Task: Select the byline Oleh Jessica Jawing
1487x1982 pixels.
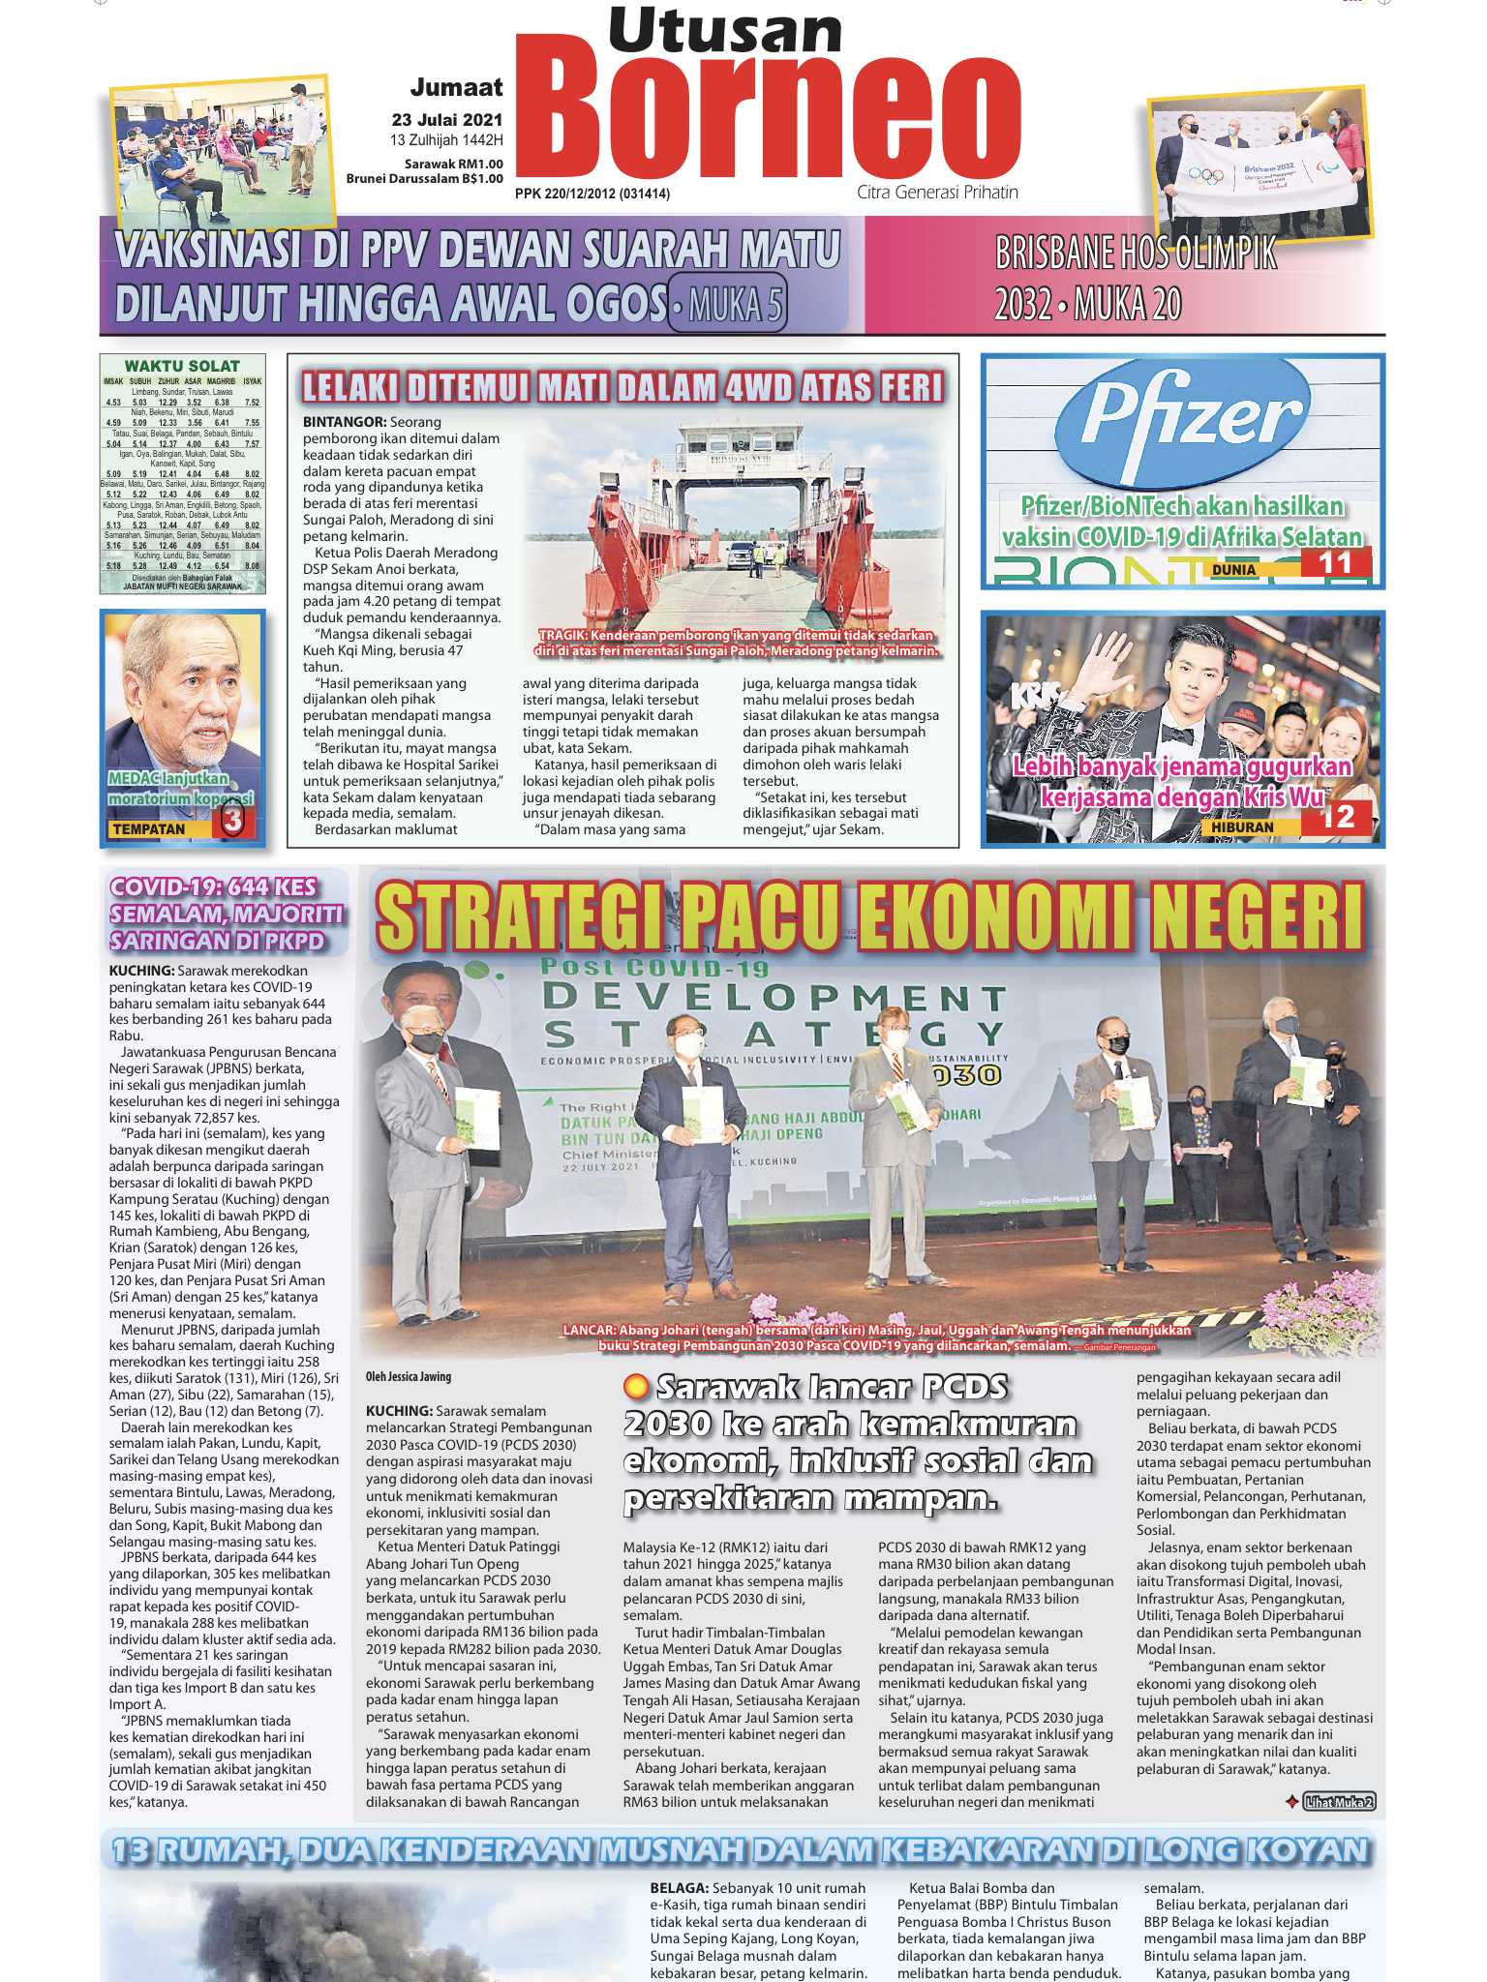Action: coord(409,1376)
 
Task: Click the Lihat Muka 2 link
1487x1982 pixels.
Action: coord(1339,1802)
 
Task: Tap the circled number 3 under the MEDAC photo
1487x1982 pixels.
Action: coord(232,821)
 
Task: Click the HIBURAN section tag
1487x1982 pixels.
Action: coord(1242,828)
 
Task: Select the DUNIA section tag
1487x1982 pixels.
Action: coord(1233,570)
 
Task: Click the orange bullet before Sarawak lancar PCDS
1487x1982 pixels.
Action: coord(636,1387)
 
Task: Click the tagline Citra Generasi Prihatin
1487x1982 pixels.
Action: coord(937,192)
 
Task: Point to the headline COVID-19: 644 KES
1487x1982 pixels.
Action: coord(213,887)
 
